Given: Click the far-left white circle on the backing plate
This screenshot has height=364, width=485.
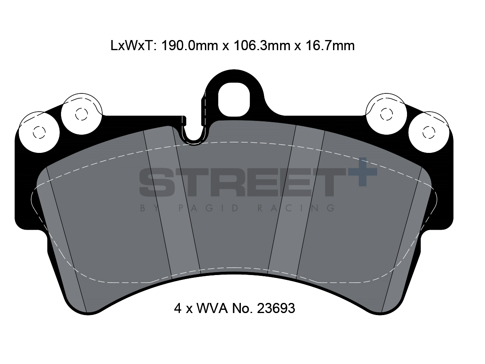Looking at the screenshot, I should [39, 132].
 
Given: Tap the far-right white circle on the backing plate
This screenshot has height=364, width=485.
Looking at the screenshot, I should [428, 132].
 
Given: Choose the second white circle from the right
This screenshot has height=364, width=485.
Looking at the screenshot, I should [386, 114].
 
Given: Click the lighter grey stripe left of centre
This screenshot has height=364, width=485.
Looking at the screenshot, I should [173, 202].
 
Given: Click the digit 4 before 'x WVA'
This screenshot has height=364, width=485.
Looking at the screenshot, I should [178, 309].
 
